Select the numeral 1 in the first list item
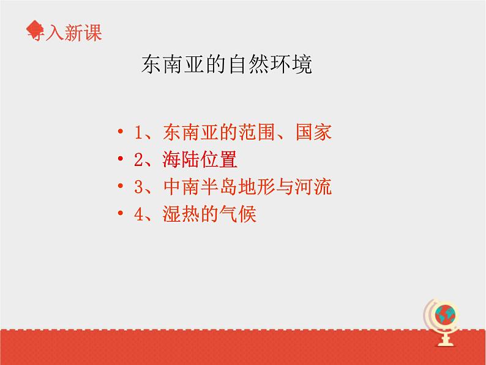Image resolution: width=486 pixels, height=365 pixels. coord(138,133)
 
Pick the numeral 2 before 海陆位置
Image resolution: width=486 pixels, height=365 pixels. coord(138,160)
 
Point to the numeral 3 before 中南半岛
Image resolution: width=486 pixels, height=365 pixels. coord(138,187)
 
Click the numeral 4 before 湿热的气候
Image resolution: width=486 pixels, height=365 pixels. coord(138,214)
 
